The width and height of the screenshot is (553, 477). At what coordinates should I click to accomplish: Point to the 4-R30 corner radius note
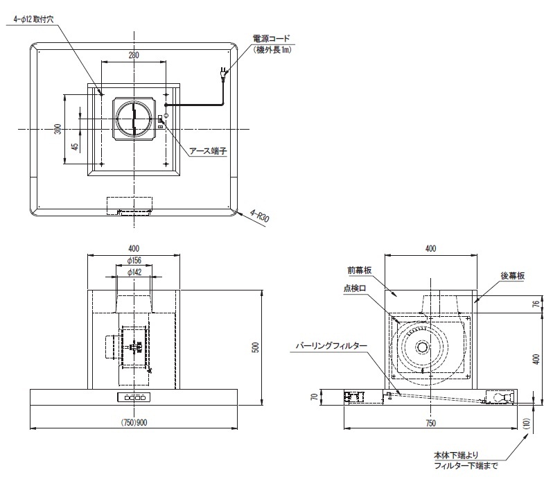tap(261, 216)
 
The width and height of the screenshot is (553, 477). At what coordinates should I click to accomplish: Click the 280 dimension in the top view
tap(134, 55)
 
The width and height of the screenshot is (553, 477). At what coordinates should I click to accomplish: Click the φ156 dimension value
tap(134, 260)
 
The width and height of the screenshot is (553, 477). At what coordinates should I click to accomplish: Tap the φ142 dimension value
tap(134, 272)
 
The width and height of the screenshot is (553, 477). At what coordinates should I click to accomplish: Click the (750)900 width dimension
tap(134, 422)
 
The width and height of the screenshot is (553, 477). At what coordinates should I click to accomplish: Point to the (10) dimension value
tap(532, 422)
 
